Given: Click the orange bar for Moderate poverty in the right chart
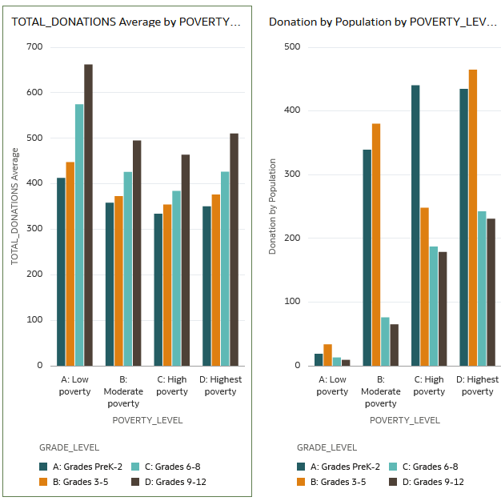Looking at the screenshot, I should pos(376,245).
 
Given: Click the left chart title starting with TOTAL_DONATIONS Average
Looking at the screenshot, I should pos(126,22).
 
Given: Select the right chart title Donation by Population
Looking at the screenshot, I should pos(383,22).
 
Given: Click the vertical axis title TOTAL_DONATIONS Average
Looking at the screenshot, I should pos(14,206).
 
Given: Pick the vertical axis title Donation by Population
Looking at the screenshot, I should pos(272,206).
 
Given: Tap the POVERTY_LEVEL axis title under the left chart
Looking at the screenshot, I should pos(147,420).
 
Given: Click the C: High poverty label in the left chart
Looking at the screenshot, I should pos(172,385).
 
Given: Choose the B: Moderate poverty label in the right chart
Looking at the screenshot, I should pos(381,391).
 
